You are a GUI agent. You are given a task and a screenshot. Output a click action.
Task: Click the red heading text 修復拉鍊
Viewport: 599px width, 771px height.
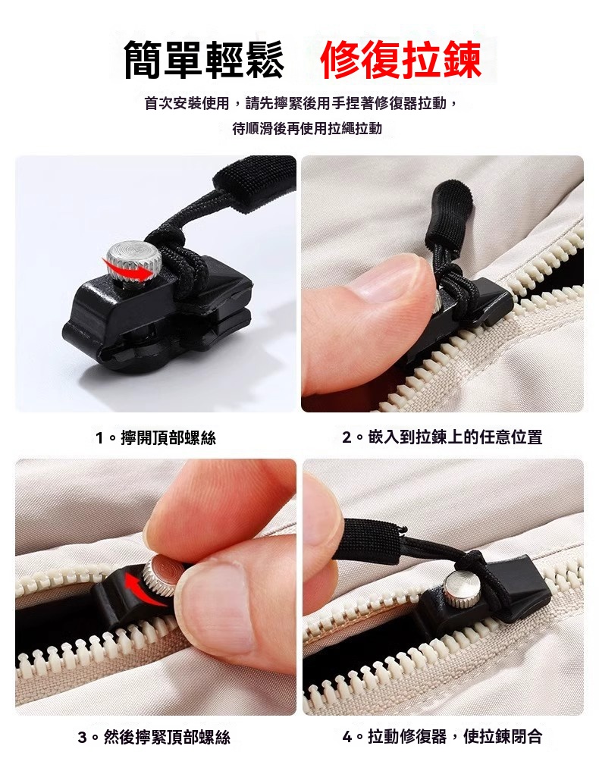pos(400,59)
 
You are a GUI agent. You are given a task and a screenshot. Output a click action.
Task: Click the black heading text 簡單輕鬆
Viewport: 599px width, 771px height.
pos(204,59)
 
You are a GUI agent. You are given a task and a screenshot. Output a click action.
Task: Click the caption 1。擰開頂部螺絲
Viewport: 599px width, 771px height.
pos(155,437)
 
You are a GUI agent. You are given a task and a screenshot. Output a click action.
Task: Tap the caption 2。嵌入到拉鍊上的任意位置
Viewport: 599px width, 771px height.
pos(442,437)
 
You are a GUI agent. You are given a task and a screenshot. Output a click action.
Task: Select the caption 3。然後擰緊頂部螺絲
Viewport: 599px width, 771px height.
pos(154,737)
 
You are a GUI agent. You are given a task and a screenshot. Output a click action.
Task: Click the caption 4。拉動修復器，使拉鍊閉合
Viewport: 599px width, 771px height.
pos(442,736)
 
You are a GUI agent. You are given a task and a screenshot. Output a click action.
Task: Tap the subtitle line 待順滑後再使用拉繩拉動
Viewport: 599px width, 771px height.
pos(307,129)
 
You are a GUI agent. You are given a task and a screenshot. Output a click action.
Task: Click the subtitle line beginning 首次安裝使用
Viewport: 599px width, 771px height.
pos(301,104)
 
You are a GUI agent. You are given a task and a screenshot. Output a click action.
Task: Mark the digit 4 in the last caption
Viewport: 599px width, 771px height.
pos(347,737)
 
